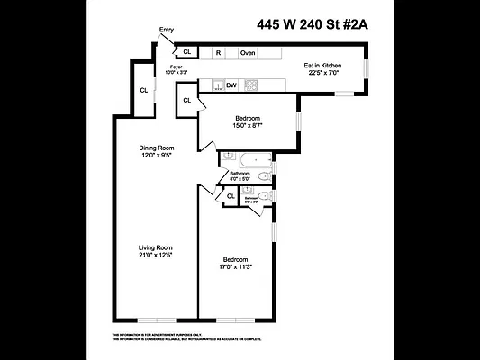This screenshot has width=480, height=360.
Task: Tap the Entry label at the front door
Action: pos(167,30)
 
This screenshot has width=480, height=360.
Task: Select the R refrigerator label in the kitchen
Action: pos(219,53)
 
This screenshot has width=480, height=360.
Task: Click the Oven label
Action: pos(248,53)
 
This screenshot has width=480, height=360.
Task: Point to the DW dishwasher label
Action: pos(231,85)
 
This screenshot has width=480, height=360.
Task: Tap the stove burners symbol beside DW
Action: pos(251,85)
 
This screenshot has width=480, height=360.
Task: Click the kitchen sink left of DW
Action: pos(216,85)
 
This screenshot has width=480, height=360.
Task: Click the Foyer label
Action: pos(177,67)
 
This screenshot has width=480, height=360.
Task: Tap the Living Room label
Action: pos(155,247)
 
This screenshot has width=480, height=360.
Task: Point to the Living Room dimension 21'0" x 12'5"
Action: pos(155,256)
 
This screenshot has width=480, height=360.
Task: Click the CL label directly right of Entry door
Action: pos(187,52)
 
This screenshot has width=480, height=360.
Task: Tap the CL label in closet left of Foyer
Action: pos(143,90)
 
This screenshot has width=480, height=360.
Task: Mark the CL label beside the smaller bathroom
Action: pos(231,195)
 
